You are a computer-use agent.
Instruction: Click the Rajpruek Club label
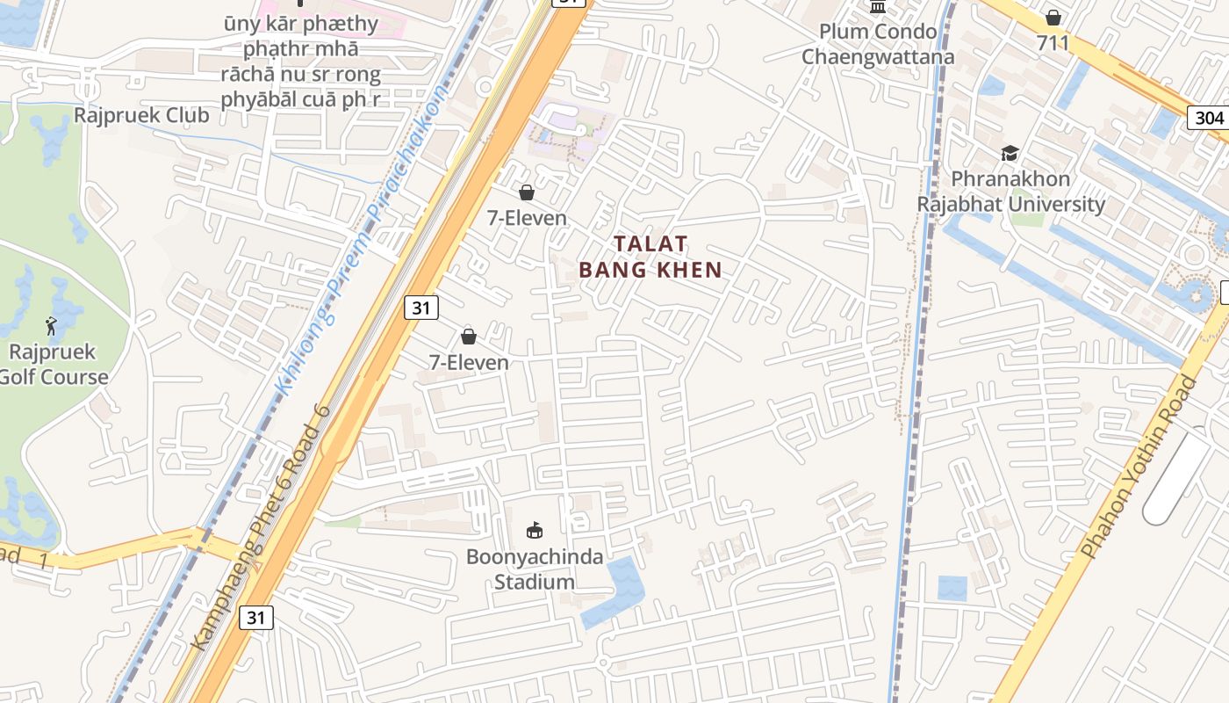pyautogui.click(x=141, y=115)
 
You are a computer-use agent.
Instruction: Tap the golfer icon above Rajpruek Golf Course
pyautogui.click(x=52, y=327)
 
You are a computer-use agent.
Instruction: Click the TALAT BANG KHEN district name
pyautogui.click(x=650, y=257)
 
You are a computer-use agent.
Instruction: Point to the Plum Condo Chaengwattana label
pyautogui.click(x=877, y=44)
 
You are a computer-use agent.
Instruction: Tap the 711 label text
pyautogui.click(x=1053, y=43)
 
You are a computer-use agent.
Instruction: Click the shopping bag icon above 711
pyautogui.click(x=1053, y=18)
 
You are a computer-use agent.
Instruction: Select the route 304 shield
pyautogui.click(x=1209, y=118)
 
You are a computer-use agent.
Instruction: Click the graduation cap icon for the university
pyautogui.click(x=1010, y=154)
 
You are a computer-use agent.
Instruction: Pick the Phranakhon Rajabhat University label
pyautogui.click(x=1011, y=192)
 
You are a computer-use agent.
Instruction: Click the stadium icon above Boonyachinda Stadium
pyautogui.click(x=534, y=530)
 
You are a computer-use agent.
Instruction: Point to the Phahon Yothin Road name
pyautogui.click(x=1139, y=466)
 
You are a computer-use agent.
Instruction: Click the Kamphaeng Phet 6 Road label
pyautogui.click(x=261, y=527)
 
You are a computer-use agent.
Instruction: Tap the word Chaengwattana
pyautogui.click(x=877, y=57)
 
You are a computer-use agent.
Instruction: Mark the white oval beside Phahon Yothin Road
pyautogui.click(x=1176, y=479)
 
